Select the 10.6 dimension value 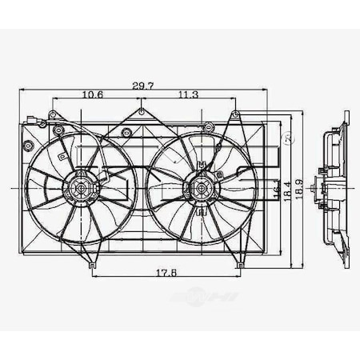click(x=94, y=95)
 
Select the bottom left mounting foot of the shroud click(x=93, y=265)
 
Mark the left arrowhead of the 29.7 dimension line click(x=21, y=90)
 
